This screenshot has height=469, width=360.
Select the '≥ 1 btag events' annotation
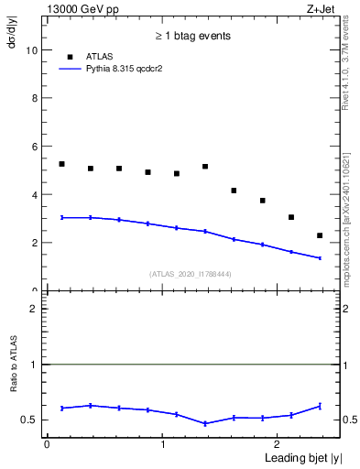point(191,36)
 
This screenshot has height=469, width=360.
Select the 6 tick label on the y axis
point(36,147)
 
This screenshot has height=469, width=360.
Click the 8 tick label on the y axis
point(36,98)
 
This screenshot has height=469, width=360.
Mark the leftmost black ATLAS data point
point(61,164)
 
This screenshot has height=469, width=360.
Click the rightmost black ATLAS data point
point(320,235)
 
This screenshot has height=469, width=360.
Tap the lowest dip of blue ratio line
point(205,423)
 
